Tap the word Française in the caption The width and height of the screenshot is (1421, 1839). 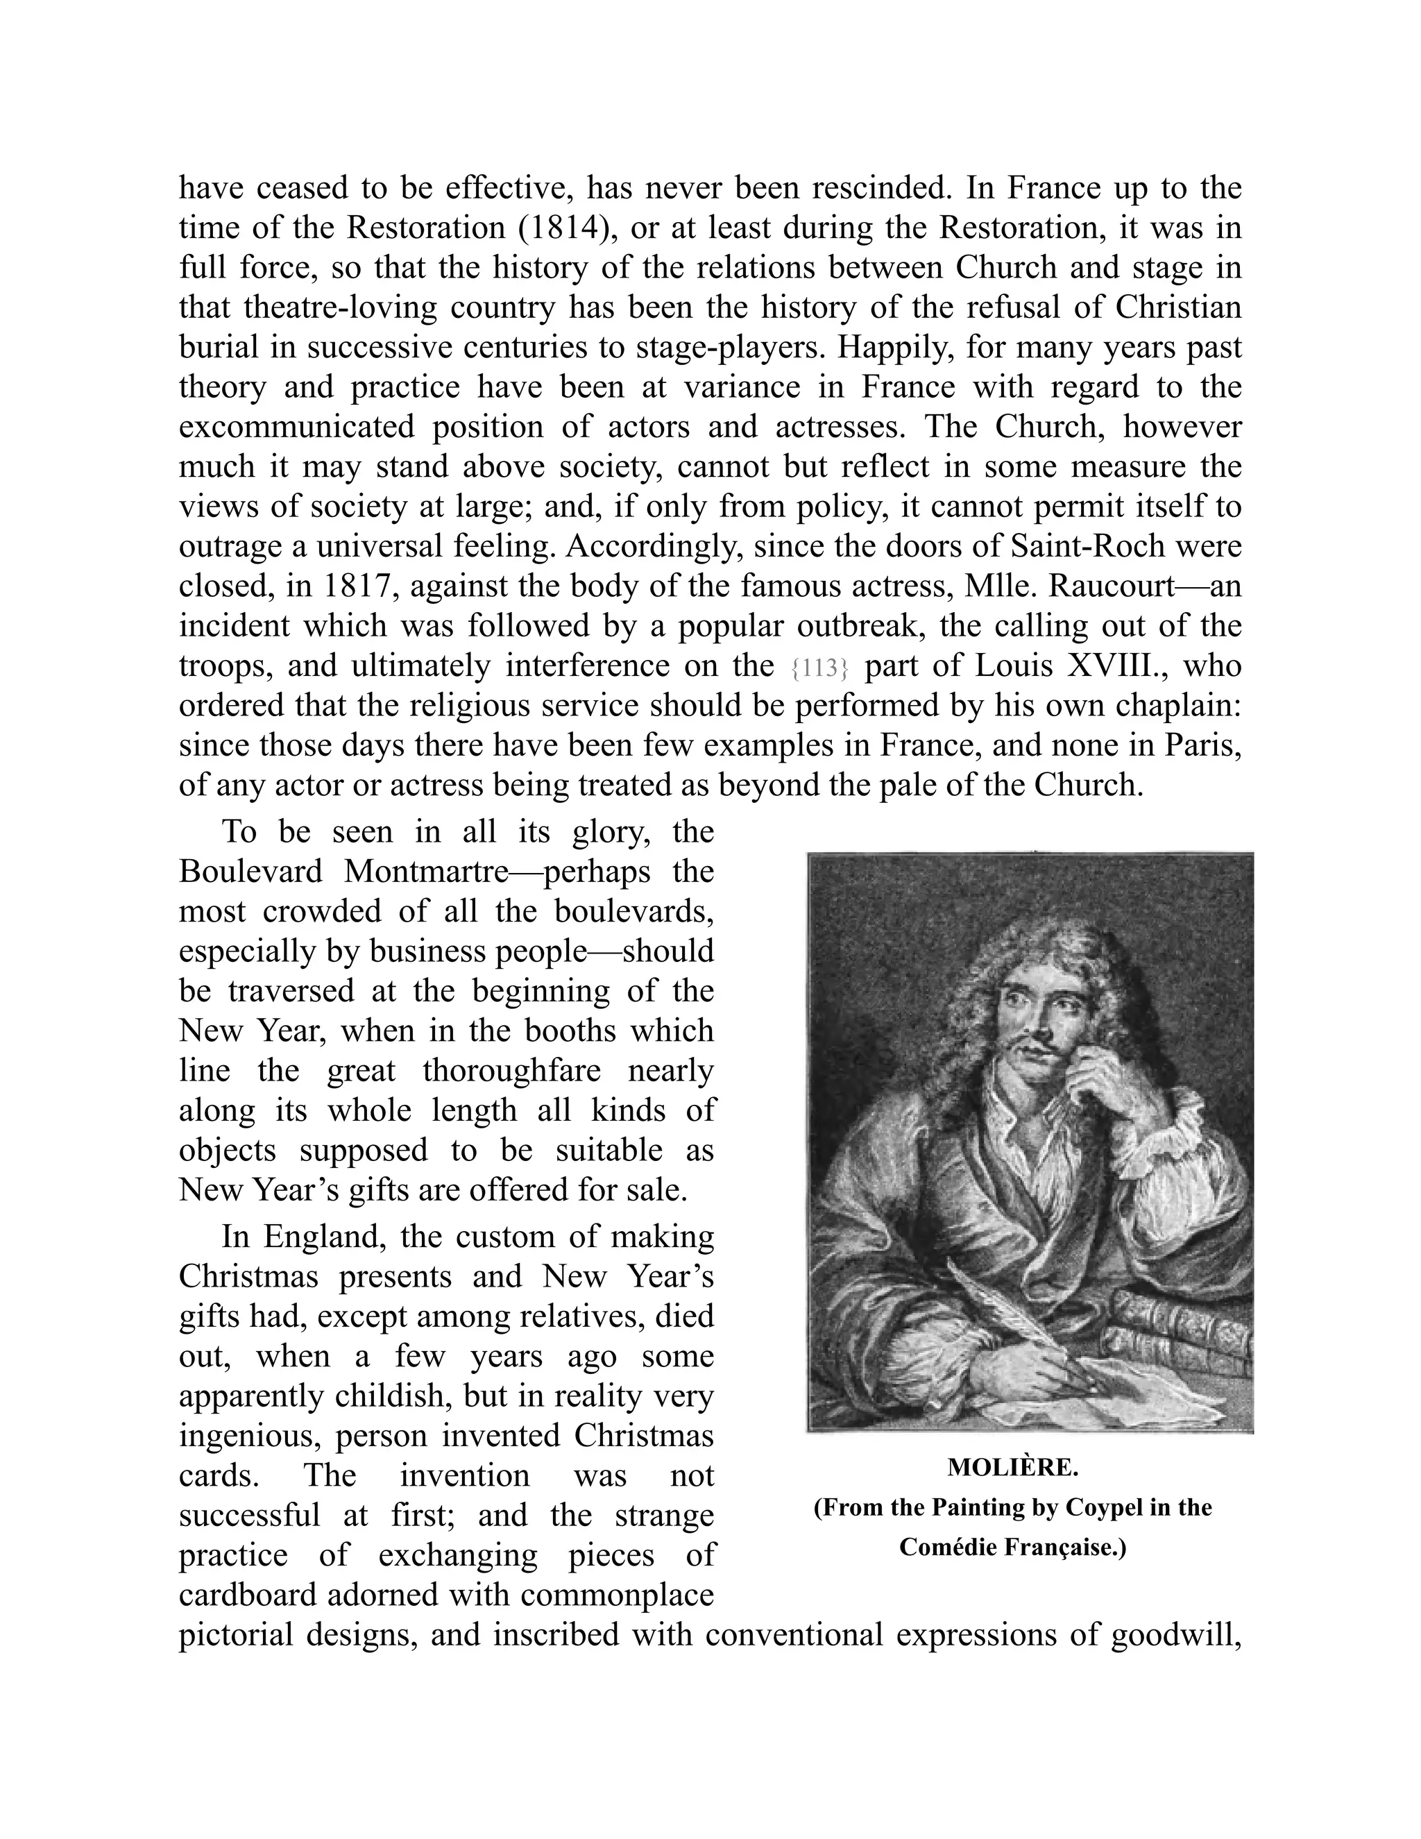[x=1064, y=1548]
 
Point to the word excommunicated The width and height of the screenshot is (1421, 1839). [x=296, y=427]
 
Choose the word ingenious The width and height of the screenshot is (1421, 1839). [x=248, y=1436]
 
